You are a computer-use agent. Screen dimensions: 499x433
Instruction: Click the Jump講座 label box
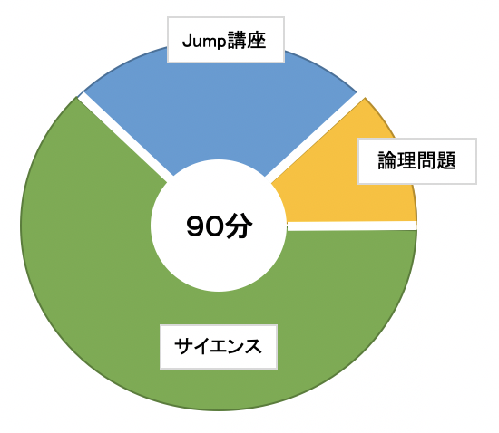(x=226, y=40)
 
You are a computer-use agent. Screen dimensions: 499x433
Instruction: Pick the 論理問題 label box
(x=417, y=161)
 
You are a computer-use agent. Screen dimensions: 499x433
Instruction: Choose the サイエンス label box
(x=219, y=347)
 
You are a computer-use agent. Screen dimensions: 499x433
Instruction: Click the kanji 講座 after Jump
(x=246, y=41)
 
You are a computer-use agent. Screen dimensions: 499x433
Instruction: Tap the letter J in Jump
(x=187, y=41)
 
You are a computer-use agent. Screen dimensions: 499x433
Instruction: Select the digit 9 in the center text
(x=195, y=226)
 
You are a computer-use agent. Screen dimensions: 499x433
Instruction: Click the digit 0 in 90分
(x=214, y=226)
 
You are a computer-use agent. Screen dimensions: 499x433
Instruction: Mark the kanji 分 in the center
(x=239, y=226)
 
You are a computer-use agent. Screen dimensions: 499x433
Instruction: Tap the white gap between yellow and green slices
(x=352, y=226)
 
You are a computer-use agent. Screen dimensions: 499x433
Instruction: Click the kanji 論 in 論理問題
(x=387, y=160)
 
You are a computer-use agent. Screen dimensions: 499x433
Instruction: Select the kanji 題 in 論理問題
(x=446, y=160)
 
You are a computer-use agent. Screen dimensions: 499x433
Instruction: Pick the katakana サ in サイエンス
(x=183, y=346)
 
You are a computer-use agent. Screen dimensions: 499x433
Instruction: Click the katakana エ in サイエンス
(x=219, y=347)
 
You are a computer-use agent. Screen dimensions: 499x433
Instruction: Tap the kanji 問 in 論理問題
(x=426, y=160)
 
